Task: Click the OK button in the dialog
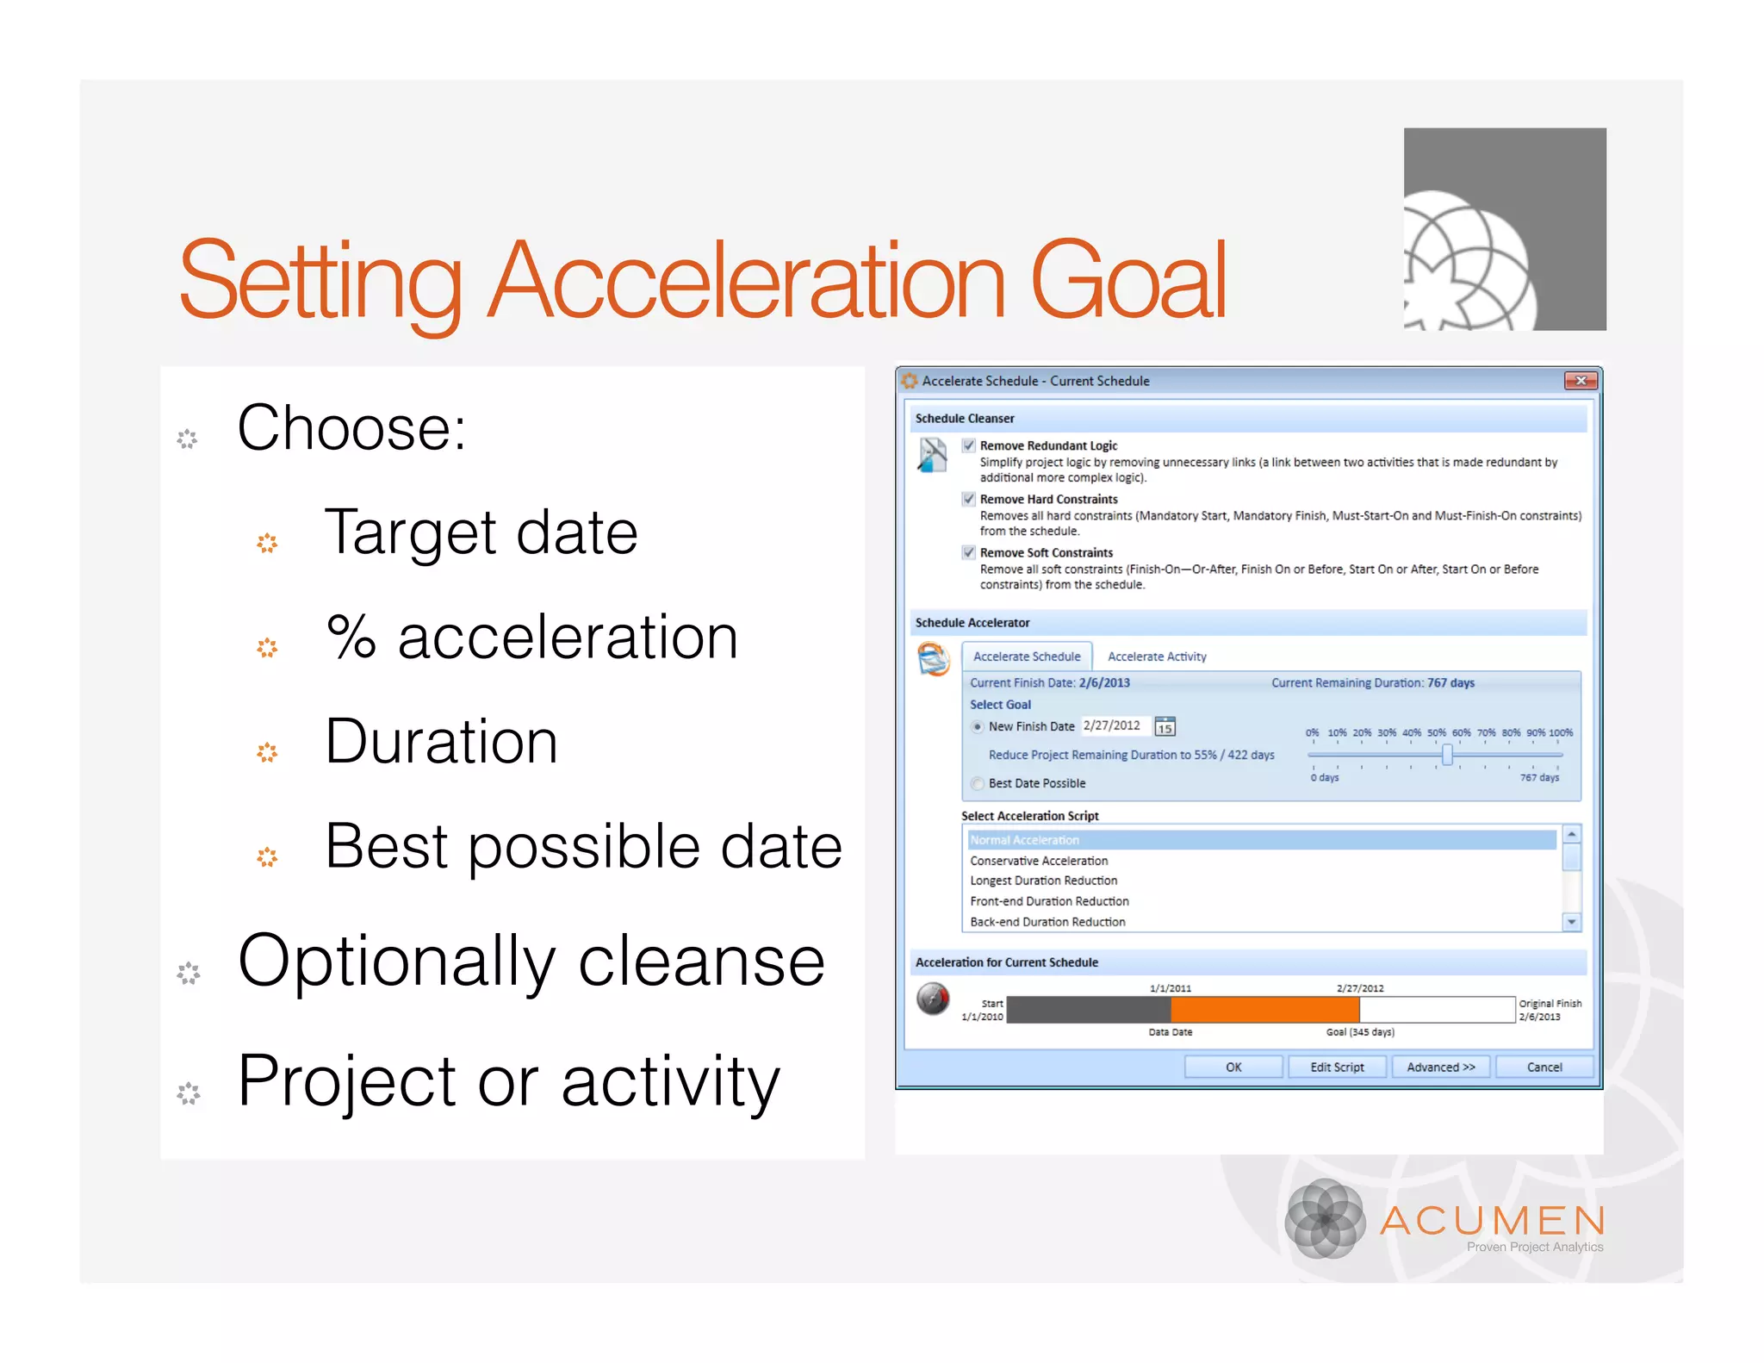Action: [1233, 1067]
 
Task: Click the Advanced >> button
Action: [1440, 1067]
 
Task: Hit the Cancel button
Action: [1543, 1067]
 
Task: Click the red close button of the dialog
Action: [1580, 381]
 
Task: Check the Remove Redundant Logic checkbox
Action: [969, 445]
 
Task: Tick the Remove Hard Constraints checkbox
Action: [969, 499]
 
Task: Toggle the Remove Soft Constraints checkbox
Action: [969, 552]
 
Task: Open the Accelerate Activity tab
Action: [1157, 657]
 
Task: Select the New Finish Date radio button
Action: [977, 726]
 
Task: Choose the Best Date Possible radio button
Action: [977, 783]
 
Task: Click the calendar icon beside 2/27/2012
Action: [1165, 726]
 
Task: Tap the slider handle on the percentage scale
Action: [1447, 755]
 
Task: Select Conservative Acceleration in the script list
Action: [1039, 861]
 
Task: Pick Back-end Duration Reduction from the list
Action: [1047, 922]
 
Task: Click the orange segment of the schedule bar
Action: [1264, 1009]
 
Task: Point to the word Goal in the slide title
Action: [1127, 280]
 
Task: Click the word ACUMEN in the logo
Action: [1493, 1220]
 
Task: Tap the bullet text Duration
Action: [442, 742]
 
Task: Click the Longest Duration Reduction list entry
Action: [1043, 881]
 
